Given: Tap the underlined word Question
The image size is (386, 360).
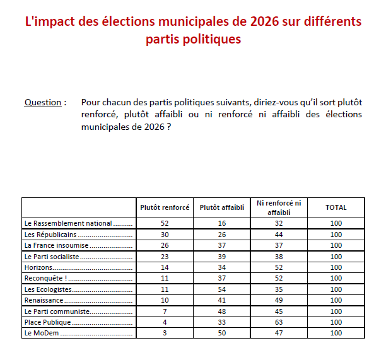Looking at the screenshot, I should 43,102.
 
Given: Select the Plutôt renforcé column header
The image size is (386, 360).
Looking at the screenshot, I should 164,207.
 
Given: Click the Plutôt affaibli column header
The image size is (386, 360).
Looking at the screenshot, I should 221,207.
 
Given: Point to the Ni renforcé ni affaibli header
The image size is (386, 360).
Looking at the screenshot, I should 279,207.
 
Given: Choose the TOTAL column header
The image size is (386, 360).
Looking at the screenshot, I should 336,207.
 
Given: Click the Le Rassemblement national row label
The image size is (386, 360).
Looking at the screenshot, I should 68,223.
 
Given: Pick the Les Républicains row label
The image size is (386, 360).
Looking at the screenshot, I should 50,235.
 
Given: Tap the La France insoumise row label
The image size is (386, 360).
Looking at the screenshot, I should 56,245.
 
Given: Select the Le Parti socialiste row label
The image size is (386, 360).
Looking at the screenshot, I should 52,257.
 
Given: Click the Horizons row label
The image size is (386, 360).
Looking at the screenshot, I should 38,267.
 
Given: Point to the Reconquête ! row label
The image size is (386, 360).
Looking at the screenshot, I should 45,278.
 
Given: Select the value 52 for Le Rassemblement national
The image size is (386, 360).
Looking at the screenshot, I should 164,223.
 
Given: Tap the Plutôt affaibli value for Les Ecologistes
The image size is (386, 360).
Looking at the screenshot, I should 221,289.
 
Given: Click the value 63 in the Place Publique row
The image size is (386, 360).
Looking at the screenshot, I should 279,322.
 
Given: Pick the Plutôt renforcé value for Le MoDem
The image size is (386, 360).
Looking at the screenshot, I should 164,333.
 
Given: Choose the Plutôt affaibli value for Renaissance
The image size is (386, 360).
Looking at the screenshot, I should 221,300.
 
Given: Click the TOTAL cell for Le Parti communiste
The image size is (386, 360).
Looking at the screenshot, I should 336,311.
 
